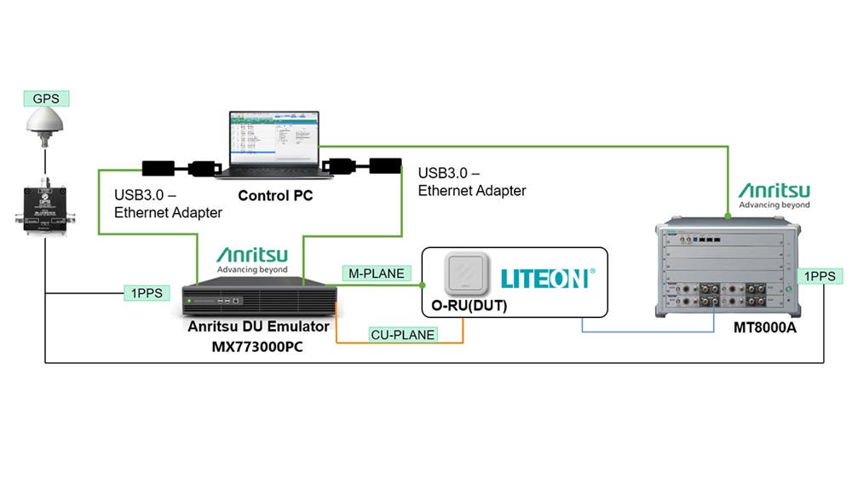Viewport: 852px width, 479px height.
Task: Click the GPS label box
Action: click(x=46, y=98)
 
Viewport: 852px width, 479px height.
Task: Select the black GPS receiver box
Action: click(x=43, y=205)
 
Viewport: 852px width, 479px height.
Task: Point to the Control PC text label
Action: click(x=275, y=196)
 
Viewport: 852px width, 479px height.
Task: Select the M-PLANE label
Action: click(x=377, y=274)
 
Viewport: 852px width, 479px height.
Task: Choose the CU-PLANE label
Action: click(x=403, y=335)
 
